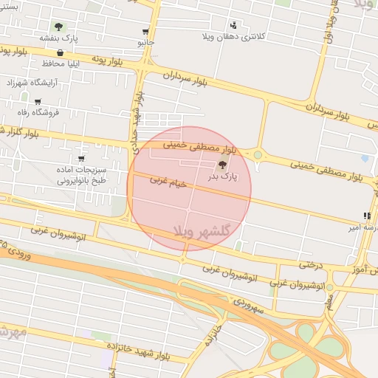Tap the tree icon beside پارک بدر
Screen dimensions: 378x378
click(x=223, y=165)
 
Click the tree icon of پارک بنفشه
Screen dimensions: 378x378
click(x=58, y=27)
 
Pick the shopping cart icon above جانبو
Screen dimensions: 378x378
click(x=145, y=32)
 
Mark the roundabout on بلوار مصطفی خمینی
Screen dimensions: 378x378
click(x=258, y=155)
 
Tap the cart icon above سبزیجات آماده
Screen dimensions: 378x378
click(x=80, y=159)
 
